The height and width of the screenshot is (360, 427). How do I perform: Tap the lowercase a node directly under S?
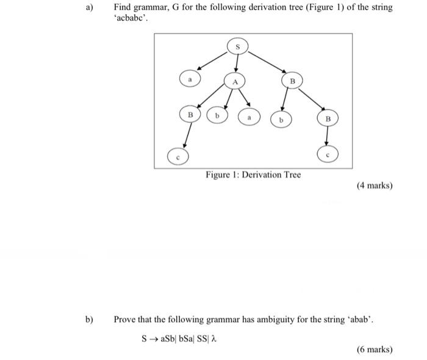[190, 79]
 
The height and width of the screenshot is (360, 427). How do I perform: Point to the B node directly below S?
[292, 80]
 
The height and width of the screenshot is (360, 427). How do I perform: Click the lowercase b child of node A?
[217, 115]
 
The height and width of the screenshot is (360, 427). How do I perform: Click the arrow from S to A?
[236, 63]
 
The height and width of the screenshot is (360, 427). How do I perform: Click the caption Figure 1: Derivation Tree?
[253, 175]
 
